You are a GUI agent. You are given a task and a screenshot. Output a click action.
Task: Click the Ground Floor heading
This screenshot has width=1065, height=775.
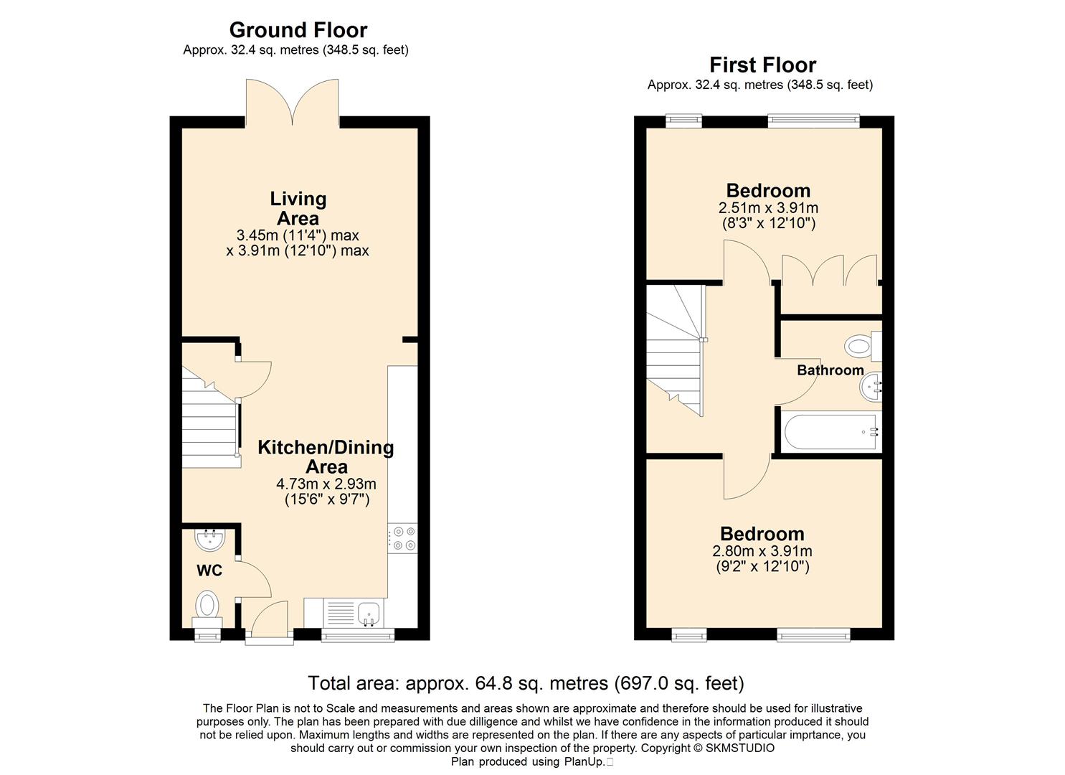pos(298,30)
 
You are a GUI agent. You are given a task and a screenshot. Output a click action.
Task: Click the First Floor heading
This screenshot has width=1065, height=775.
pos(762,65)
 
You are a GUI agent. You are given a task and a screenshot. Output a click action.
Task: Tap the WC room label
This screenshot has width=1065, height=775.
pos(209,570)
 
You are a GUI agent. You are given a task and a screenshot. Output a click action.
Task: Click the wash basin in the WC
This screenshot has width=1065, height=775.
pos(210,540)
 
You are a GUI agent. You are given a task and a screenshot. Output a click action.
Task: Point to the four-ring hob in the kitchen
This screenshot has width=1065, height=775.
pos(403,538)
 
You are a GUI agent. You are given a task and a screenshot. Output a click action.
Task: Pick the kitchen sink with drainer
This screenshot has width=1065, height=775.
pos(354,614)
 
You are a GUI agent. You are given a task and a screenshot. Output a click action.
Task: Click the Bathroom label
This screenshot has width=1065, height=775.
pos(830,370)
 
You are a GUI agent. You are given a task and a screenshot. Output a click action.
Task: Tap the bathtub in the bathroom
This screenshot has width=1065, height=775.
pos(831,432)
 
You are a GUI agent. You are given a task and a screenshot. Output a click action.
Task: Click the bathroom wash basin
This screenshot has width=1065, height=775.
pos(871,387)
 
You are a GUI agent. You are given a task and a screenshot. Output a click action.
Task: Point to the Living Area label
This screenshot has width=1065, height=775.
pos(298,208)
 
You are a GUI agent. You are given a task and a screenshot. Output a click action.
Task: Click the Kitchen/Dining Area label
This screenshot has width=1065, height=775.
pos(326,456)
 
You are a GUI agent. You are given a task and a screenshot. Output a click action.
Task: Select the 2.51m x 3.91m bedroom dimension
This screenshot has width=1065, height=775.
pos(768,208)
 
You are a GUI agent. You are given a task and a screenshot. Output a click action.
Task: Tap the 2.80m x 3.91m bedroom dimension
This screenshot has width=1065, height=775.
pos(762,551)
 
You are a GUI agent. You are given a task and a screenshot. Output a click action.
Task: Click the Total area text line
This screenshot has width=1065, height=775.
pos(526,683)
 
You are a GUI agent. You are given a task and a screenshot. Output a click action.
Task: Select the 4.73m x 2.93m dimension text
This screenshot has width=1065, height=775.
pos(326,484)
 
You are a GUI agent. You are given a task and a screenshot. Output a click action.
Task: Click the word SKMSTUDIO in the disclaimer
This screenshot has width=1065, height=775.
pos(740,748)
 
